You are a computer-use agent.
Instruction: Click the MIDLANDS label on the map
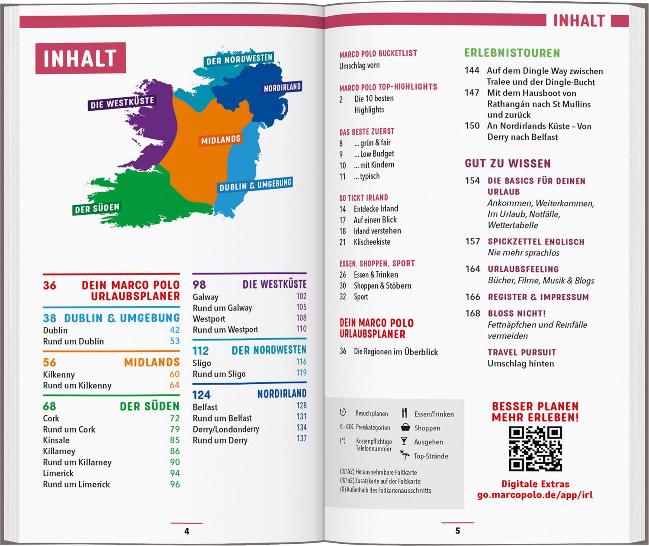(221, 140)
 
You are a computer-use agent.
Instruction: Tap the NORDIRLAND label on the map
(282, 87)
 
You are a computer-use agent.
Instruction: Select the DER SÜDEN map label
(97, 209)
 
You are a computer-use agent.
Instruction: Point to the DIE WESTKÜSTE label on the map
(122, 103)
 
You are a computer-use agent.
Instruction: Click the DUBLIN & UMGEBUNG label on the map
(255, 185)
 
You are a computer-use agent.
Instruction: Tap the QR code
(535, 449)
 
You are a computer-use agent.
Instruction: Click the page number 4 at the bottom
(187, 531)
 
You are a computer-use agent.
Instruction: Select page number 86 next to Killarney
(175, 451)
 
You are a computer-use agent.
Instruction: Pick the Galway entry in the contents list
(206, 297)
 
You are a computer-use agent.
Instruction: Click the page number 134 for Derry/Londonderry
(302, 427)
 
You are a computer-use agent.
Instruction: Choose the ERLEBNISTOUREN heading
(512, 53)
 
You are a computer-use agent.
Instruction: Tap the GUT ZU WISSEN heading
(508, 164)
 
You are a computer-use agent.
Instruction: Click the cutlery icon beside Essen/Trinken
(405, 413)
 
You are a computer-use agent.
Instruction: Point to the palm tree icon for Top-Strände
(405, 455)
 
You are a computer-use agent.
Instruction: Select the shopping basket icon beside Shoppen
(405, 427)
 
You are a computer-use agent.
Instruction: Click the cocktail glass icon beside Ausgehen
(404, 441)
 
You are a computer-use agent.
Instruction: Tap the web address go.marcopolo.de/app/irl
(535, 495)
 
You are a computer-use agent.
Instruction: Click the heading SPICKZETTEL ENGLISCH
(536, 242)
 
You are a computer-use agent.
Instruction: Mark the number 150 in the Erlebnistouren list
(472, 126)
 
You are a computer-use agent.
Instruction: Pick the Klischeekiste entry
(372, 242)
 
